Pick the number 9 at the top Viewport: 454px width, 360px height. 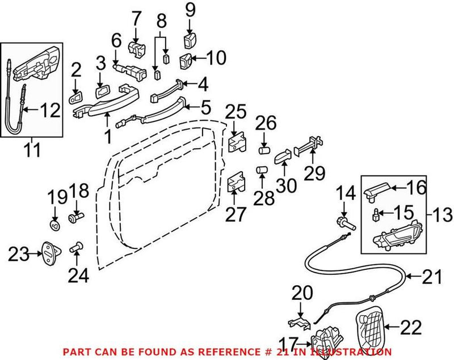(190, 10)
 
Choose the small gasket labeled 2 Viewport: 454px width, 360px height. (76, 98)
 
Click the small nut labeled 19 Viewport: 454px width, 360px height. (55, 226)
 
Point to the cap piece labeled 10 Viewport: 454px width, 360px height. (186, 60)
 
